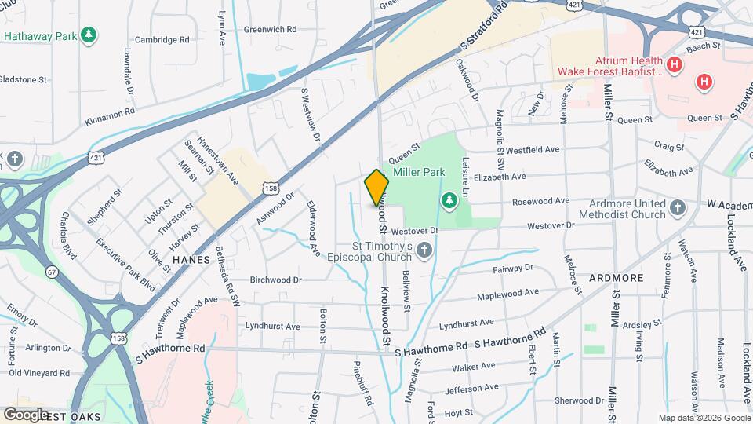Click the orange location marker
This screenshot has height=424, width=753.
tap(376, 188)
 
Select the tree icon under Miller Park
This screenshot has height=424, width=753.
tap(449, 201)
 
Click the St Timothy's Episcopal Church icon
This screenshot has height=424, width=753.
tap(424, 250)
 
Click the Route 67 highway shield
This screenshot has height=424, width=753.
tap(52, 271)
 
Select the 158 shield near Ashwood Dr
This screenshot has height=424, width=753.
tap(271, 188)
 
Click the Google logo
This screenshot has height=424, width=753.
tap(27, 414)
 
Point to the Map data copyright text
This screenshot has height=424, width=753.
tap(704, 418)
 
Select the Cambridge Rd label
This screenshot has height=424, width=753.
tap(162, 39)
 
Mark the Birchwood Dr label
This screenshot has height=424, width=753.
tap(275, 280)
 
